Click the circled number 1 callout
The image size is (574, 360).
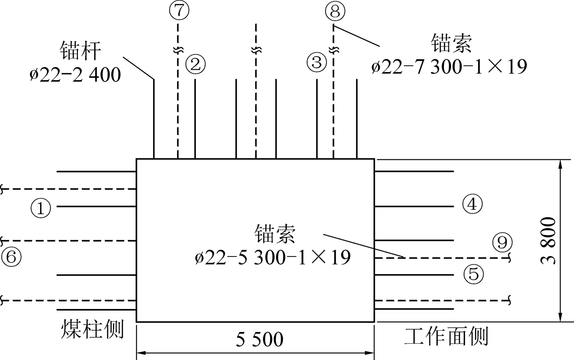(41, 208)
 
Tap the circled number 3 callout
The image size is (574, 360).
(317, 62)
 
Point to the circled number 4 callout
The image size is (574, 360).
(472, 204)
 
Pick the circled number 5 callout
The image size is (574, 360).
(474, 274)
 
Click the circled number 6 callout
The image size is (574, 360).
(11, 257)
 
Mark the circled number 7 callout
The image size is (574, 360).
(179, 10)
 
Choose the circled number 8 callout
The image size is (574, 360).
(335, 11)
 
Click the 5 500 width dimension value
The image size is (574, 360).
(259, 339)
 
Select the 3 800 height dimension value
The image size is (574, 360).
(548, 241)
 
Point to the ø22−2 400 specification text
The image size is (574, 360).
(75, 75)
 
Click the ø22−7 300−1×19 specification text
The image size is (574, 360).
(449, 67)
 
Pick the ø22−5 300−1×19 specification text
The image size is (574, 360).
(273, 257)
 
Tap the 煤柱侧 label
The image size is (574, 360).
(92, 329)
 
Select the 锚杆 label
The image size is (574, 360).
(81, 51)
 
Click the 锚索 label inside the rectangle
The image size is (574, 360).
(275, 234)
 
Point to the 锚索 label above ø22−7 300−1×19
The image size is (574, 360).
(451, 43)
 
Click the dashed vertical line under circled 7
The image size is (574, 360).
(178, 91)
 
